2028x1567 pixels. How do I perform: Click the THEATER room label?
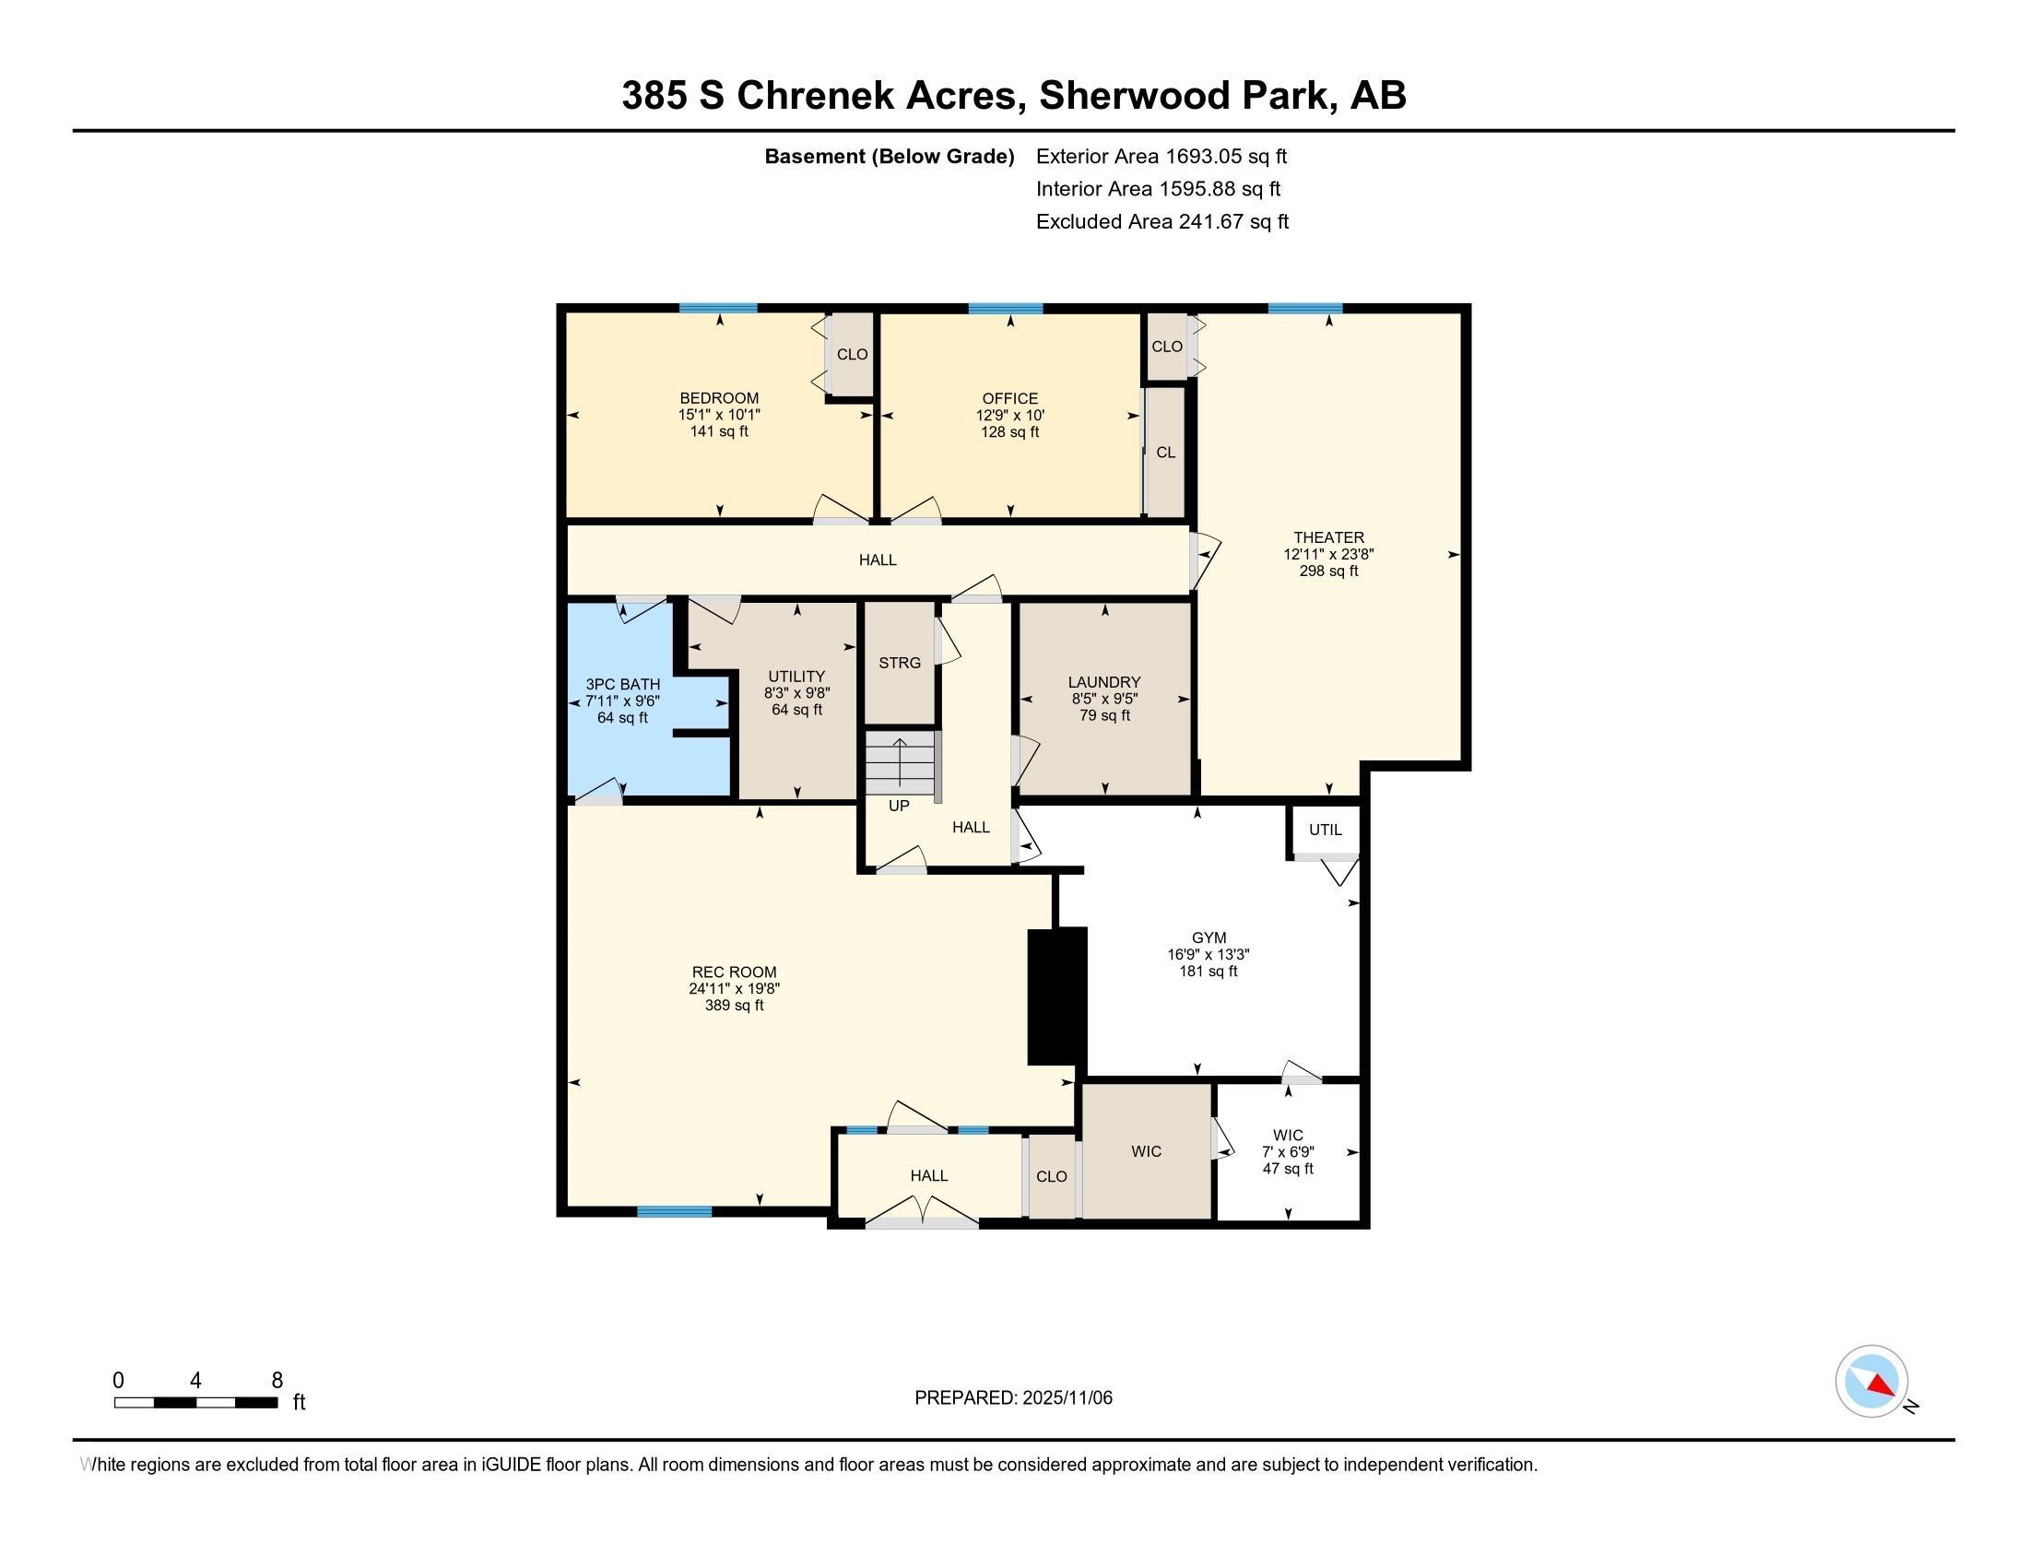coord(1328,537)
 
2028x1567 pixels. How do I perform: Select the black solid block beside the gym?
coord(1056,996)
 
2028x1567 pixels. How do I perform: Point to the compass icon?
coord(1872,1382)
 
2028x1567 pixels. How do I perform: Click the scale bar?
coord(196,1402)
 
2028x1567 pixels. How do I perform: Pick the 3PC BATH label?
coord(623,684)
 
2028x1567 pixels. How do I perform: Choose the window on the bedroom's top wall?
coord(718,308)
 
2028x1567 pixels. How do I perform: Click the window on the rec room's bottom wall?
coord(674,1210)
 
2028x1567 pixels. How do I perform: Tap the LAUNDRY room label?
coord(1104,682)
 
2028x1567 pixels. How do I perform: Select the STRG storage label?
coord(900,663)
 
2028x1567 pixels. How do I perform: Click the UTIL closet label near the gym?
coord(1325,830)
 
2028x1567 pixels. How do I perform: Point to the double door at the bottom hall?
coord(921,1212)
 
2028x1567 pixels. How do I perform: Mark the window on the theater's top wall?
coord(1304,308)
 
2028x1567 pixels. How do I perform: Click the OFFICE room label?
coord(1010,398)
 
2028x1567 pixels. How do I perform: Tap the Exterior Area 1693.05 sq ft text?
coord(1161,156)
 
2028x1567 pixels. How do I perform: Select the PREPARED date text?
coord(1013,1397)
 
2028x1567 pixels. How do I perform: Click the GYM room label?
coord(1209,937)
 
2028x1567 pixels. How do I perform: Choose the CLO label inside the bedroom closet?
coord(853,354)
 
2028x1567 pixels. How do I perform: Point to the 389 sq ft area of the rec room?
coord(735,1006)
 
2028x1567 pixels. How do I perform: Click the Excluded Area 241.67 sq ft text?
coord(1162,221)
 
